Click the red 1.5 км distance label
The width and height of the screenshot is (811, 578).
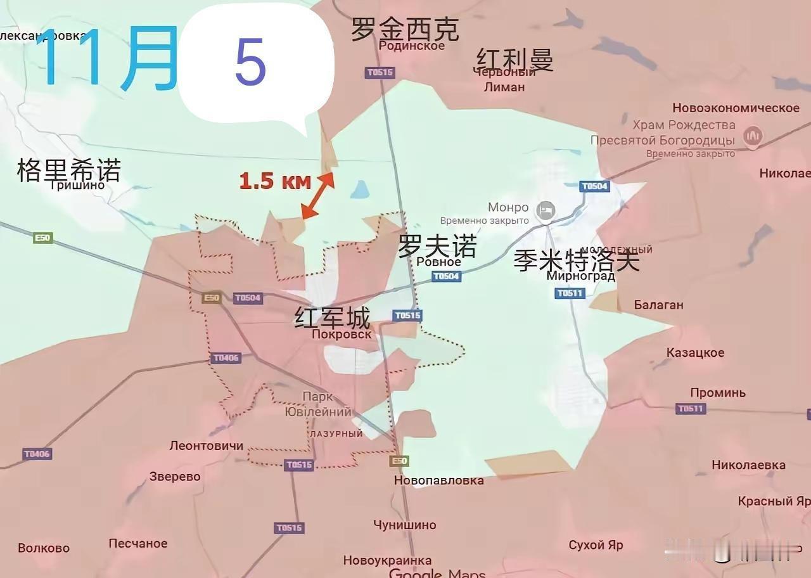275,181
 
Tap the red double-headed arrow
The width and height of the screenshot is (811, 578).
318,195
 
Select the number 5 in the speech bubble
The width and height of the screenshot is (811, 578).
250,63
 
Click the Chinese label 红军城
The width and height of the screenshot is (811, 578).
332,318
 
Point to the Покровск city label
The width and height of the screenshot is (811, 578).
342,334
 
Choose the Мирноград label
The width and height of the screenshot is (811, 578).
580,276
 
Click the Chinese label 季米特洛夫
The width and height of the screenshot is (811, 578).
577,260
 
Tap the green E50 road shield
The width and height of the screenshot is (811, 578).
43,238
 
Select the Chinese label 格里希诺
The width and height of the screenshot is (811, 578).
68,170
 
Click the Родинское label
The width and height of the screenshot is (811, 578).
412,46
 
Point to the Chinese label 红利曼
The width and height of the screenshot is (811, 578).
514,60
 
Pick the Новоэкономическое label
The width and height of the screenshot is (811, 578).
736,108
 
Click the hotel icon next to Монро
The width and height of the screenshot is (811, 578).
546,210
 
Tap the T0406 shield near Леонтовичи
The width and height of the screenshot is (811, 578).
37,454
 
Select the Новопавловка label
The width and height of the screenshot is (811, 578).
438,480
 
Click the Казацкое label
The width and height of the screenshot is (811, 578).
695,352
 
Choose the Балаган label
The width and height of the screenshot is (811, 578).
658,305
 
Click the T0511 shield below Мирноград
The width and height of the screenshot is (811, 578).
570,293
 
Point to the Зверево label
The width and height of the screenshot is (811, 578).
175,477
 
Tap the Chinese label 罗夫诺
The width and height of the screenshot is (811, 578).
437,246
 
